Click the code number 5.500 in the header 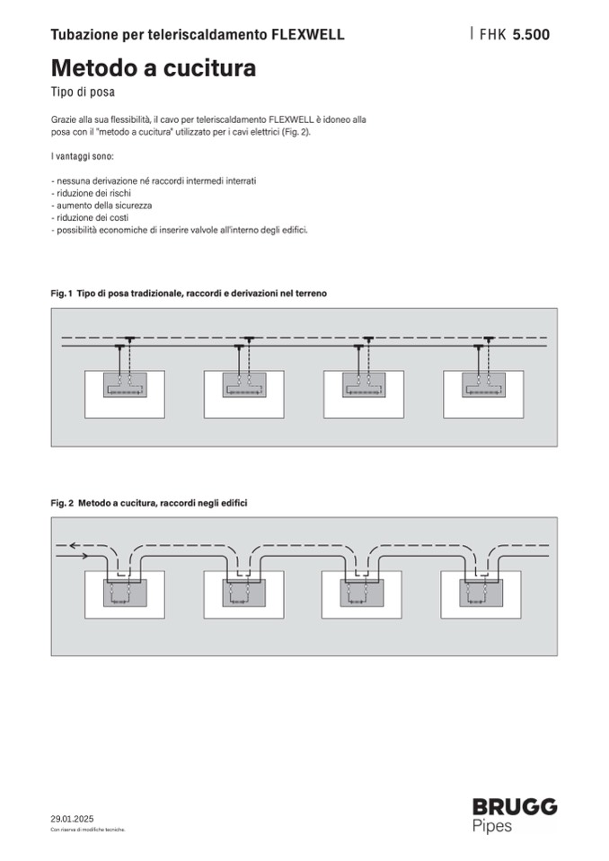531,35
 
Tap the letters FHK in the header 493,35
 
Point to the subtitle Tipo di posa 84,92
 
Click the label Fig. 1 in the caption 61,294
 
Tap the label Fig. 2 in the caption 61,503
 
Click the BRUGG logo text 515,807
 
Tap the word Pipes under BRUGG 492,826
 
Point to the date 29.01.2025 72,819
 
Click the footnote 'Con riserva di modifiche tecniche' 87,830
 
